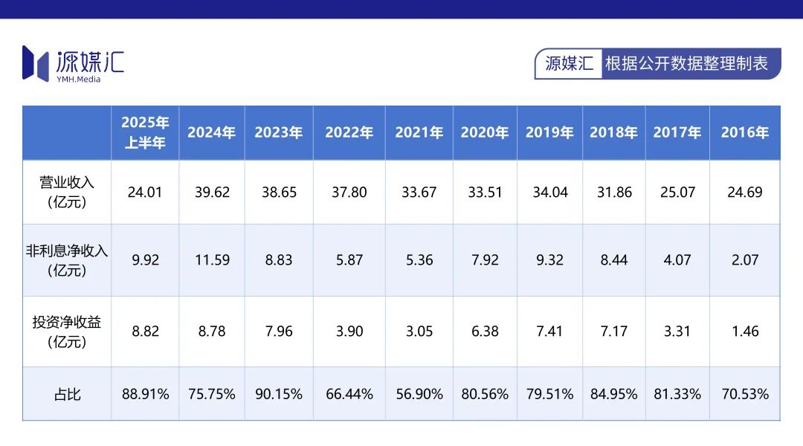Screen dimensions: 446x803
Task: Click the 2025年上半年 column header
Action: (x=145, y=132)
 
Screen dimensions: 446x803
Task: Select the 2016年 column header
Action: (x=744, y=132)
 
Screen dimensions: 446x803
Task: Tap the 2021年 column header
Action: (x=419, y=132)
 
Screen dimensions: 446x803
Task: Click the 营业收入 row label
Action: (x=67, y=192)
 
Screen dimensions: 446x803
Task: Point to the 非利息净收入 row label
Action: (x=67, y=260)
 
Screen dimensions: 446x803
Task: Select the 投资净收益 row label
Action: (x=67, y=332)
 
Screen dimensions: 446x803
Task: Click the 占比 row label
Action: (x=67, y=394)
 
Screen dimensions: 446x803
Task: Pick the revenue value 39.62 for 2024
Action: (x=211, y=192)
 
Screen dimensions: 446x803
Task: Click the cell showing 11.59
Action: (x=211, y=260)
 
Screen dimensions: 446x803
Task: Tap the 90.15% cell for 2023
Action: (x=279, y=394)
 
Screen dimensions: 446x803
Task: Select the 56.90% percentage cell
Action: (x=419, y=394)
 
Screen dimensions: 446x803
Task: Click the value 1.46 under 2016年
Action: (x=744, y=332)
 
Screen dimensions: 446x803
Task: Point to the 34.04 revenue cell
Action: (x=549, y=192)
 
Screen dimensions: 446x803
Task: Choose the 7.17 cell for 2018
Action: (x=614, y=332)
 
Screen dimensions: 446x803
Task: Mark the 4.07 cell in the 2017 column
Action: (x=677, y=260)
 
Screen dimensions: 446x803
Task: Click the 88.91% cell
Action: (x=146, y=394)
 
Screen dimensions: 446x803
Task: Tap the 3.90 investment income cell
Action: (x=349, y=332)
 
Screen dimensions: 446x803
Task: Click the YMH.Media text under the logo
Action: (x=78, y=79)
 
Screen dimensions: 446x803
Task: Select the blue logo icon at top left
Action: (x=35, y=62)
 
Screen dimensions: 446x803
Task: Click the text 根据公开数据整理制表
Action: (x=686, y=63)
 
